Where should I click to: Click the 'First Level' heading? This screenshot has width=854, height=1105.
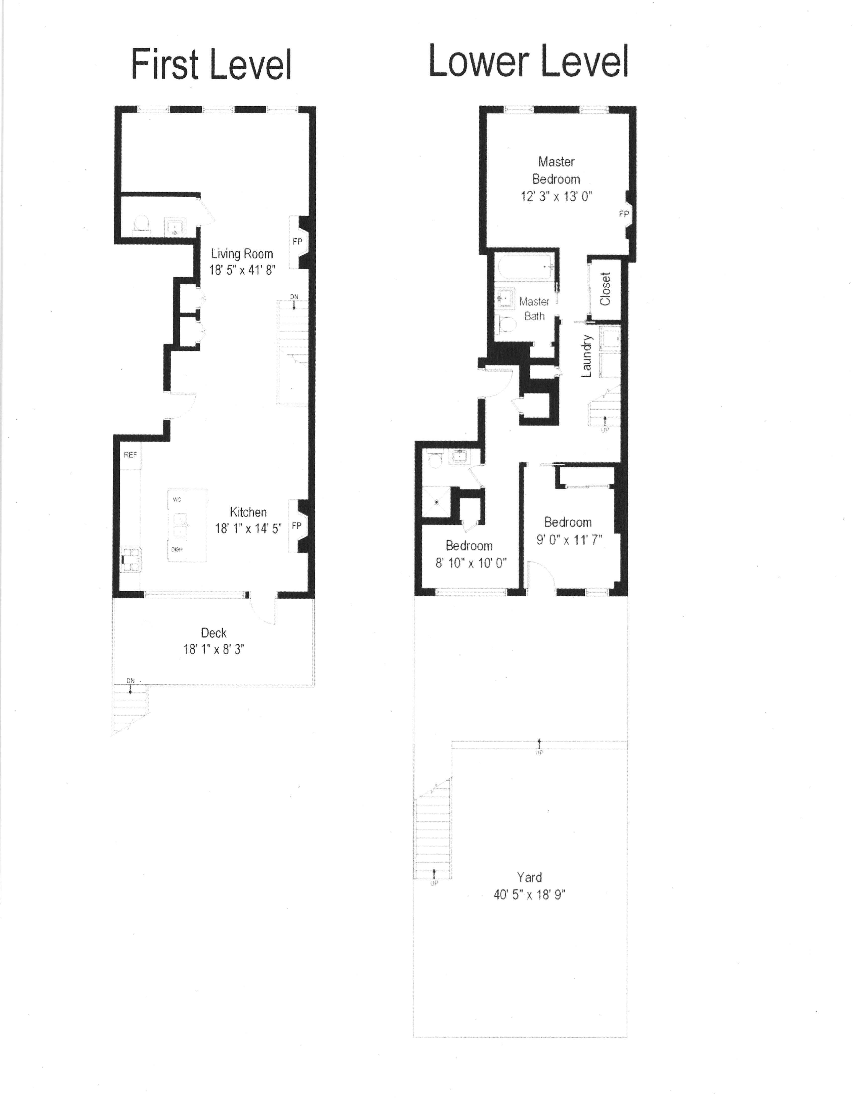(x=211, y=65)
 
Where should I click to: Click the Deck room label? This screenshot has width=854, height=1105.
(x=213, y=633)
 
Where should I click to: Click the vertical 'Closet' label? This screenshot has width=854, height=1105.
(x=605, y=289)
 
